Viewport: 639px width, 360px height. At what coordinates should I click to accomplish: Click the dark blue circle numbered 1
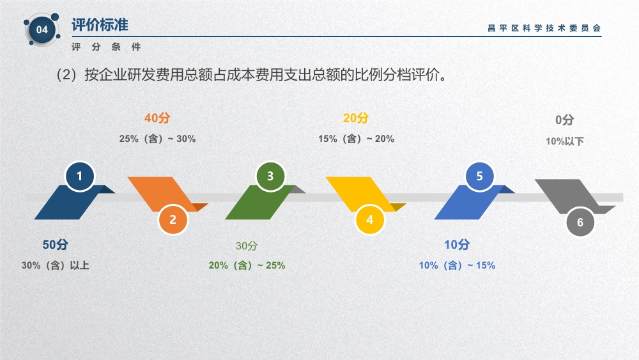[x=80, y=176]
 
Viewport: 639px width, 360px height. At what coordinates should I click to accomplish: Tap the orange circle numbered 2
[x=173, y=219]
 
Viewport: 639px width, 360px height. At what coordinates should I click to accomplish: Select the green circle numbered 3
[x=270, y=176]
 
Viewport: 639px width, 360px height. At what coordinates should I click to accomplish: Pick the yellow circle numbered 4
[x=369, y=219]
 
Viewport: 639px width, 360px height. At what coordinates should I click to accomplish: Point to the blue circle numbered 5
[x=480, y=176]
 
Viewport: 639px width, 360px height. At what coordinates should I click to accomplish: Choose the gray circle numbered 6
[x=580, y=222]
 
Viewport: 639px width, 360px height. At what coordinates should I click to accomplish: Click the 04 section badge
[x=42, y=30]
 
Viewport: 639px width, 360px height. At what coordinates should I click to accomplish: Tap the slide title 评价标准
[x=100, y=25]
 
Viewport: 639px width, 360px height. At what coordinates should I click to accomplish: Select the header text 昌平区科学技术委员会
[x=544, y=28]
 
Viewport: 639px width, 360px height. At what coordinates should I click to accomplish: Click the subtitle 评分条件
[x=106, y=47]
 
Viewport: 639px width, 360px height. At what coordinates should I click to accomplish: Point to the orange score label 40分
[x=157, y=118]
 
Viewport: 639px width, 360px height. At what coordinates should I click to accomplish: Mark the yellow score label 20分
[x=356, y=118]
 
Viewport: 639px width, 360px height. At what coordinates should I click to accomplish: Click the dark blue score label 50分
[x=56, y=245]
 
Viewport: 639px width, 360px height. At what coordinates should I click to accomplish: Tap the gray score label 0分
[x=565, y=120]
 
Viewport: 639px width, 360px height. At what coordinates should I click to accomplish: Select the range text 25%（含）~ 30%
[x=157, y=139]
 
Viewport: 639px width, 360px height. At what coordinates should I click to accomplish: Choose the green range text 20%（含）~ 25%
[x=247, y=265]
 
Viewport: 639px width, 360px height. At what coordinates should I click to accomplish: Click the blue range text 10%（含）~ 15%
[x=457, y=265]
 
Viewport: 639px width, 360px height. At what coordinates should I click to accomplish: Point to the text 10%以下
[x=565, y=141]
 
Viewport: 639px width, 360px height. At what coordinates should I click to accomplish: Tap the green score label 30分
[x=247, y=246]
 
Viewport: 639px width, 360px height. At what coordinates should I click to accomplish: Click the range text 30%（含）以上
[x=56, y=265]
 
